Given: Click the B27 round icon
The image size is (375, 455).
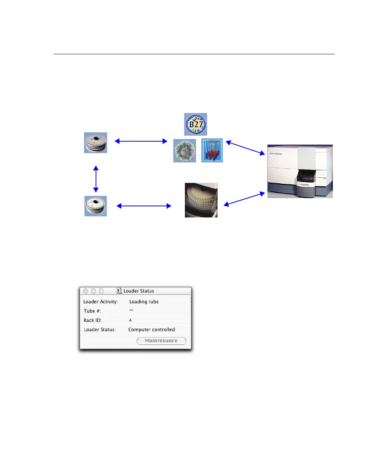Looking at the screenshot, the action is click(196, 125).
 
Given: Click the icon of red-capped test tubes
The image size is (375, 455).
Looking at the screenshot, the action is click(212, 151).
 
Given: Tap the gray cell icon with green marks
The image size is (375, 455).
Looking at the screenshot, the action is click(185, 151).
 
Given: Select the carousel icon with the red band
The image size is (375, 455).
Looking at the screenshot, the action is click(96, 143).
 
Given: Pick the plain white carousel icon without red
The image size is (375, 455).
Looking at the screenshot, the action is click(96, 206).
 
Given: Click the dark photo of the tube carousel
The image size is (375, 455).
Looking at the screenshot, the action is click(201, 200).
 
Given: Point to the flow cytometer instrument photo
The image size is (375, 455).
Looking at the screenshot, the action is click(300, 171).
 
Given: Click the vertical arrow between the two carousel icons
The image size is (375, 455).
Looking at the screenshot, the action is click(96, 179).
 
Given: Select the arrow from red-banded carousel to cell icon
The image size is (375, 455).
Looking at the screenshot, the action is click(141, 141).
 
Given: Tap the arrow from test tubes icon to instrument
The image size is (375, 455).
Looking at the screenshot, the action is click(245, 148).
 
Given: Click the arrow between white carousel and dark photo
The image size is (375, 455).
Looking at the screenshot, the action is click(144, 206).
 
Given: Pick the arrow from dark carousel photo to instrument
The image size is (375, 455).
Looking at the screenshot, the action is click(245, 198).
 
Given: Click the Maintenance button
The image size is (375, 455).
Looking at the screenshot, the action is click(161, 341).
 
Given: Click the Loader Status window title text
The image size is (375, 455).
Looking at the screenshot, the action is click(139, 291).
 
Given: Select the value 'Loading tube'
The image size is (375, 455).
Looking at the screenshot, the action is click(144, 302).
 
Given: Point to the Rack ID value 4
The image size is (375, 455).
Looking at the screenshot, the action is click(130, 320).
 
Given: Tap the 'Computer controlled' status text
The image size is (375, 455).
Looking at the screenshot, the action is click(151, 330).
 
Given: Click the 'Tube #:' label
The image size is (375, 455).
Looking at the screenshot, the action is click(93, 311).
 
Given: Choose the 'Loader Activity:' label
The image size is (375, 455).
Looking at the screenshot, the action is click(100, 302).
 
